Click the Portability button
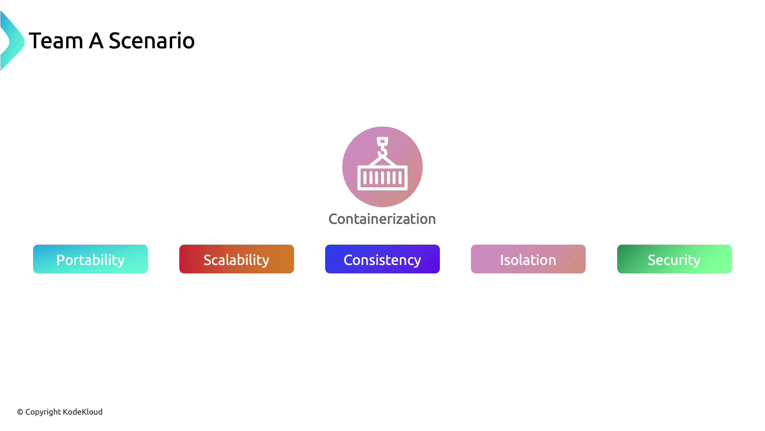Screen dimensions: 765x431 coord(90,259)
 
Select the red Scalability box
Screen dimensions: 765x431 coord(237,259)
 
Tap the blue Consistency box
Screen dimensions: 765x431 coord(382,259)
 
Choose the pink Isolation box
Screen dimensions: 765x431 coord(528,259)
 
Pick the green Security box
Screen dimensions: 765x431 coord(675,259)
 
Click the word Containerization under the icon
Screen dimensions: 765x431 coord(382,219)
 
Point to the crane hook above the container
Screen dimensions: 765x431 coord(382,147)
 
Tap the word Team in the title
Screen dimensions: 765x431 coord(56,41)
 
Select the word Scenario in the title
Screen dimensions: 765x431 coord(152,41)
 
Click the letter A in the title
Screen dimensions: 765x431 coord(96,41)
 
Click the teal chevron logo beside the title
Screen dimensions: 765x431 coord(12,41)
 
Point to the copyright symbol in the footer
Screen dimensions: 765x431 coord(20,412)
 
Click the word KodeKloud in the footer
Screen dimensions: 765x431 coord(82,412)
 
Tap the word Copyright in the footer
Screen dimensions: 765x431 coord(43,412)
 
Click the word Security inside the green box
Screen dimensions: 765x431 coord(674,260)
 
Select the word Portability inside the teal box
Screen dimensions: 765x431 coord(90,260)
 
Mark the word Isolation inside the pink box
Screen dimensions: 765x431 coord(528,260)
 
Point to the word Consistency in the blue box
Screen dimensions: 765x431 coord(382,260)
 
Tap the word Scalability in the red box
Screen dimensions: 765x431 coord(237,260)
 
